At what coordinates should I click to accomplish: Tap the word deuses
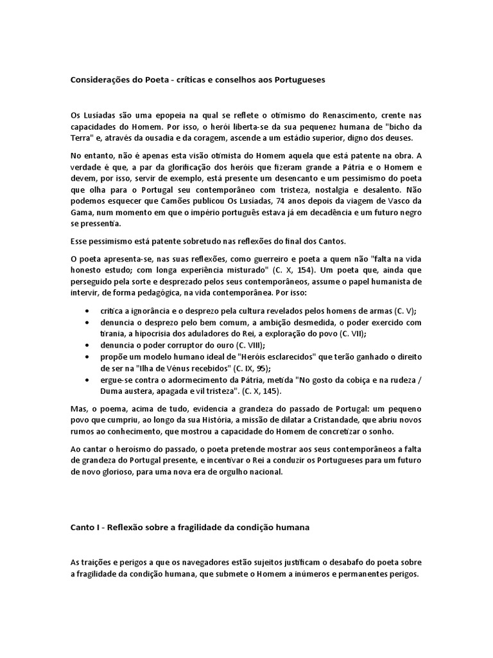pyautogui.click(x=408, y=138)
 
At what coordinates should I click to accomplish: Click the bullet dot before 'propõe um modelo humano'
pyautogui.click(x=86, y=357)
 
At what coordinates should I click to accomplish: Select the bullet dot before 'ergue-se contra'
pyautogui.click(x=86, y=380)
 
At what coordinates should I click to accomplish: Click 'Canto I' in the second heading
pyautogui.click(x=85, y=528)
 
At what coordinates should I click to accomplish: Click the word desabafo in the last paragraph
pyautogui.click(x=361, y=562)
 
